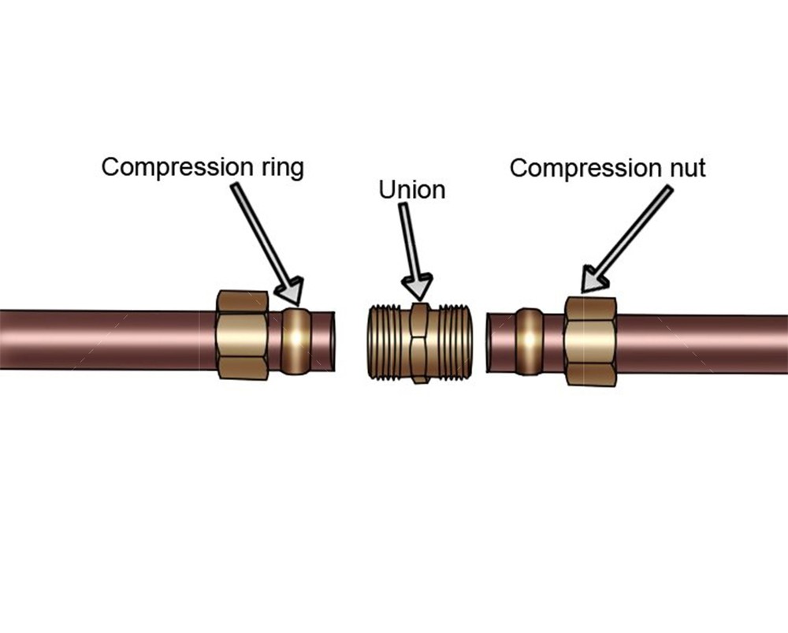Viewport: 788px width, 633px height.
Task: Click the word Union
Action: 411,190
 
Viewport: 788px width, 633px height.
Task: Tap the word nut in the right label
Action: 685,168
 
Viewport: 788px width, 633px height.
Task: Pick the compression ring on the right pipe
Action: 528,341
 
